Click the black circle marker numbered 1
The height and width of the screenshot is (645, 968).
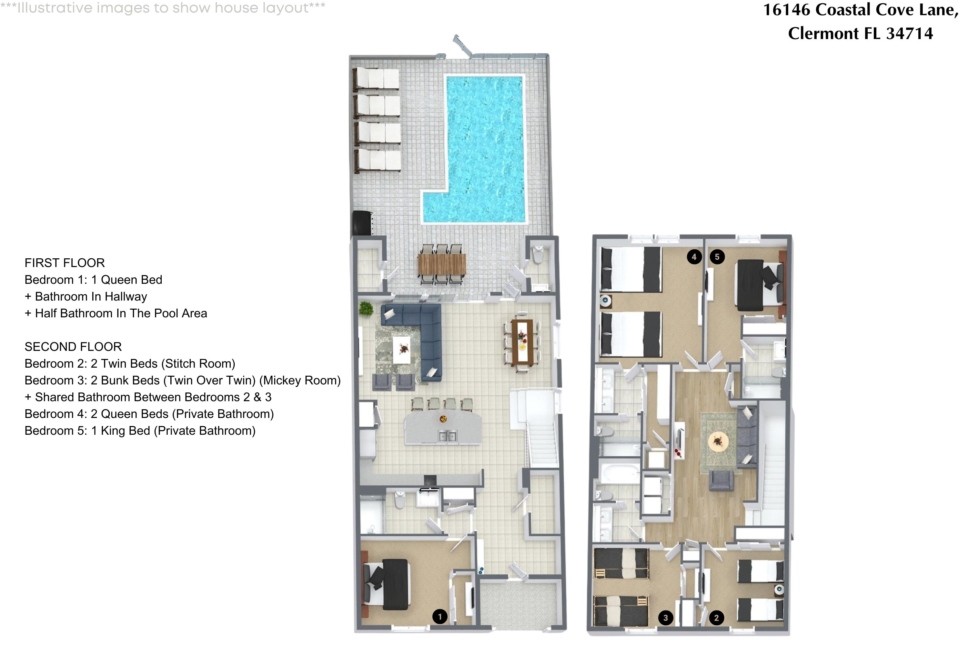[x=439, y=617]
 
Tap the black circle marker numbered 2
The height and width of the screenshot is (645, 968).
[x=716, y=618]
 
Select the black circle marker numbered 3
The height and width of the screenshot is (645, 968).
[x=665, y=618]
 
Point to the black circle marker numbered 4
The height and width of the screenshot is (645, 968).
[x=694, y=257]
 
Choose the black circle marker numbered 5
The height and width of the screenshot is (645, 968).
[x=717, y=257]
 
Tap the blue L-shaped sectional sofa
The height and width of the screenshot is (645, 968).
[x=428, y=337]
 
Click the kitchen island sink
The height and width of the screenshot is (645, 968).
[x=447, y=436]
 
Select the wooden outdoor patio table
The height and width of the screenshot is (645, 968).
[x=441, y=264]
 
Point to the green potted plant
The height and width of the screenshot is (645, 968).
[x=366, y=309]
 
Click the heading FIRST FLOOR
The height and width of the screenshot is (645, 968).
[x=65, y=263]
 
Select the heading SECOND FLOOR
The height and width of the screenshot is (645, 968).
[x=73, y=347]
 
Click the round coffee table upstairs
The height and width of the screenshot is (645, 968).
[x=718, y=442]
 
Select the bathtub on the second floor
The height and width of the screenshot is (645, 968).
[x=618, y=473]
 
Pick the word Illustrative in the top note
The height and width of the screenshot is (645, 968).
[x=55, y=8]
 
